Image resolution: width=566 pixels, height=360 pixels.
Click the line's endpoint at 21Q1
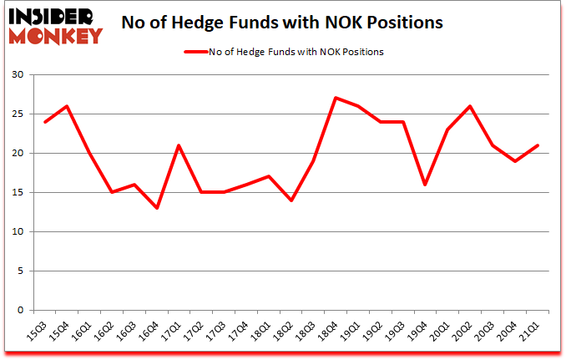(538, 145)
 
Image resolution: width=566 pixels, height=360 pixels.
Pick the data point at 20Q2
(471, 106)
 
